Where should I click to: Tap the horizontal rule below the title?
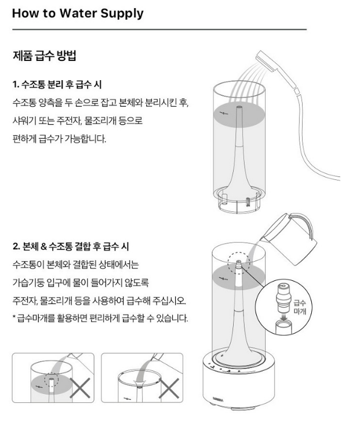click(159, 29)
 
